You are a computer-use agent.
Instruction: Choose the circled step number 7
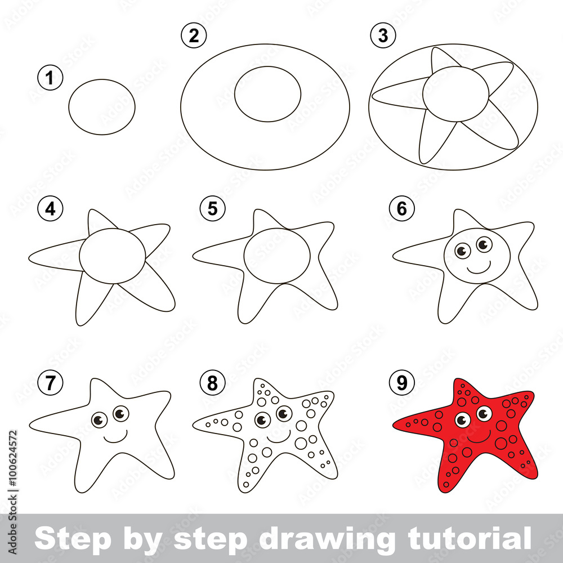pos(51,384)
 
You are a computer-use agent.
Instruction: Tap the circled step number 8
pos(212,384)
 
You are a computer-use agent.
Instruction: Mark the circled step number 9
pos(401,384)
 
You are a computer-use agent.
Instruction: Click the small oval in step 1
pos(102,107)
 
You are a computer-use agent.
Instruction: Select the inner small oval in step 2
pos(267,94)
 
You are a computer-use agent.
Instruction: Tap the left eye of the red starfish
pos(463,420)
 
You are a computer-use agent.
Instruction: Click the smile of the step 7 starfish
pos(115,437)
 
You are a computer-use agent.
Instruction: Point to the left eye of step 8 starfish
pos(262,420)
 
